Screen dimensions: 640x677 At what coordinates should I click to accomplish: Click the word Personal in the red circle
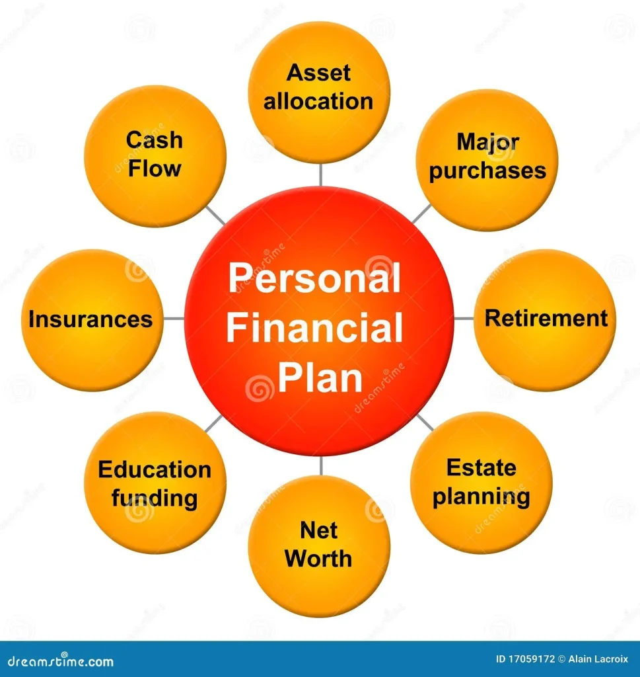pyautogui.click(x=314, y=278)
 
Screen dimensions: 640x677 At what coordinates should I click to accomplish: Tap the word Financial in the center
pyautogui.click(x=314, y=328)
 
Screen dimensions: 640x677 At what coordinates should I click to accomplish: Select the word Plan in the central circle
pyautogui.click(x=320, y=378)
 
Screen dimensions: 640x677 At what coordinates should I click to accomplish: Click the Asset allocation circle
pyautogui.click(x=319, y=92)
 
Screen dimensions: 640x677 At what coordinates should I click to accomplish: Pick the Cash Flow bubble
pyautogui.click(x=155, y=156)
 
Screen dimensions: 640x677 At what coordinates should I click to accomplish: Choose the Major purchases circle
pyautogui.click(x=487, y=160)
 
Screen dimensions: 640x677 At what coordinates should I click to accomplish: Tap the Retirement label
pyautogui.click(x=546, y=318)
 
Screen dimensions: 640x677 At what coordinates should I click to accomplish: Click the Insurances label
pyautogui.click(x=90, y=319)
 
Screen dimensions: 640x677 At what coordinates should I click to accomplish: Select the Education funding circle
pyautogui.click(x=155, y=483)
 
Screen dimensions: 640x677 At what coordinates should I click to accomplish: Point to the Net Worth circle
pyautogui.click(x=319, y=546)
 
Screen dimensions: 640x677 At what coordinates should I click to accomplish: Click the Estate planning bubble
pyautogui.click(x=481, y=483)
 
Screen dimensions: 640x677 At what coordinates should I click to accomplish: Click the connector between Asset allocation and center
pyautogui.click(x=320, y=175)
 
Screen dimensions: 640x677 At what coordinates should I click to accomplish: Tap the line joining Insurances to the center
pyautogui.click(x=174, y=319)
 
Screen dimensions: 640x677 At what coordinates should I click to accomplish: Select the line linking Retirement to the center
pyautogui.click(x=464, y=319)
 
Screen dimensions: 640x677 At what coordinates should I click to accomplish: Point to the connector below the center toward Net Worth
pyautogui.click(x=321, y=465)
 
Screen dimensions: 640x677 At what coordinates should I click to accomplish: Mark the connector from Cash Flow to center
pyautogui.click(x=215, y=215)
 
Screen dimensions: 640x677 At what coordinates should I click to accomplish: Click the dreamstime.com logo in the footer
pyautogui.click(x=61, y=660)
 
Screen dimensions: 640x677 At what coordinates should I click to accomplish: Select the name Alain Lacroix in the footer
pyautogui.click(x=598, y=659)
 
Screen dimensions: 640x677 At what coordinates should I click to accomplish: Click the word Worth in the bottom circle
pyautogui.click(x=318, y=559)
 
